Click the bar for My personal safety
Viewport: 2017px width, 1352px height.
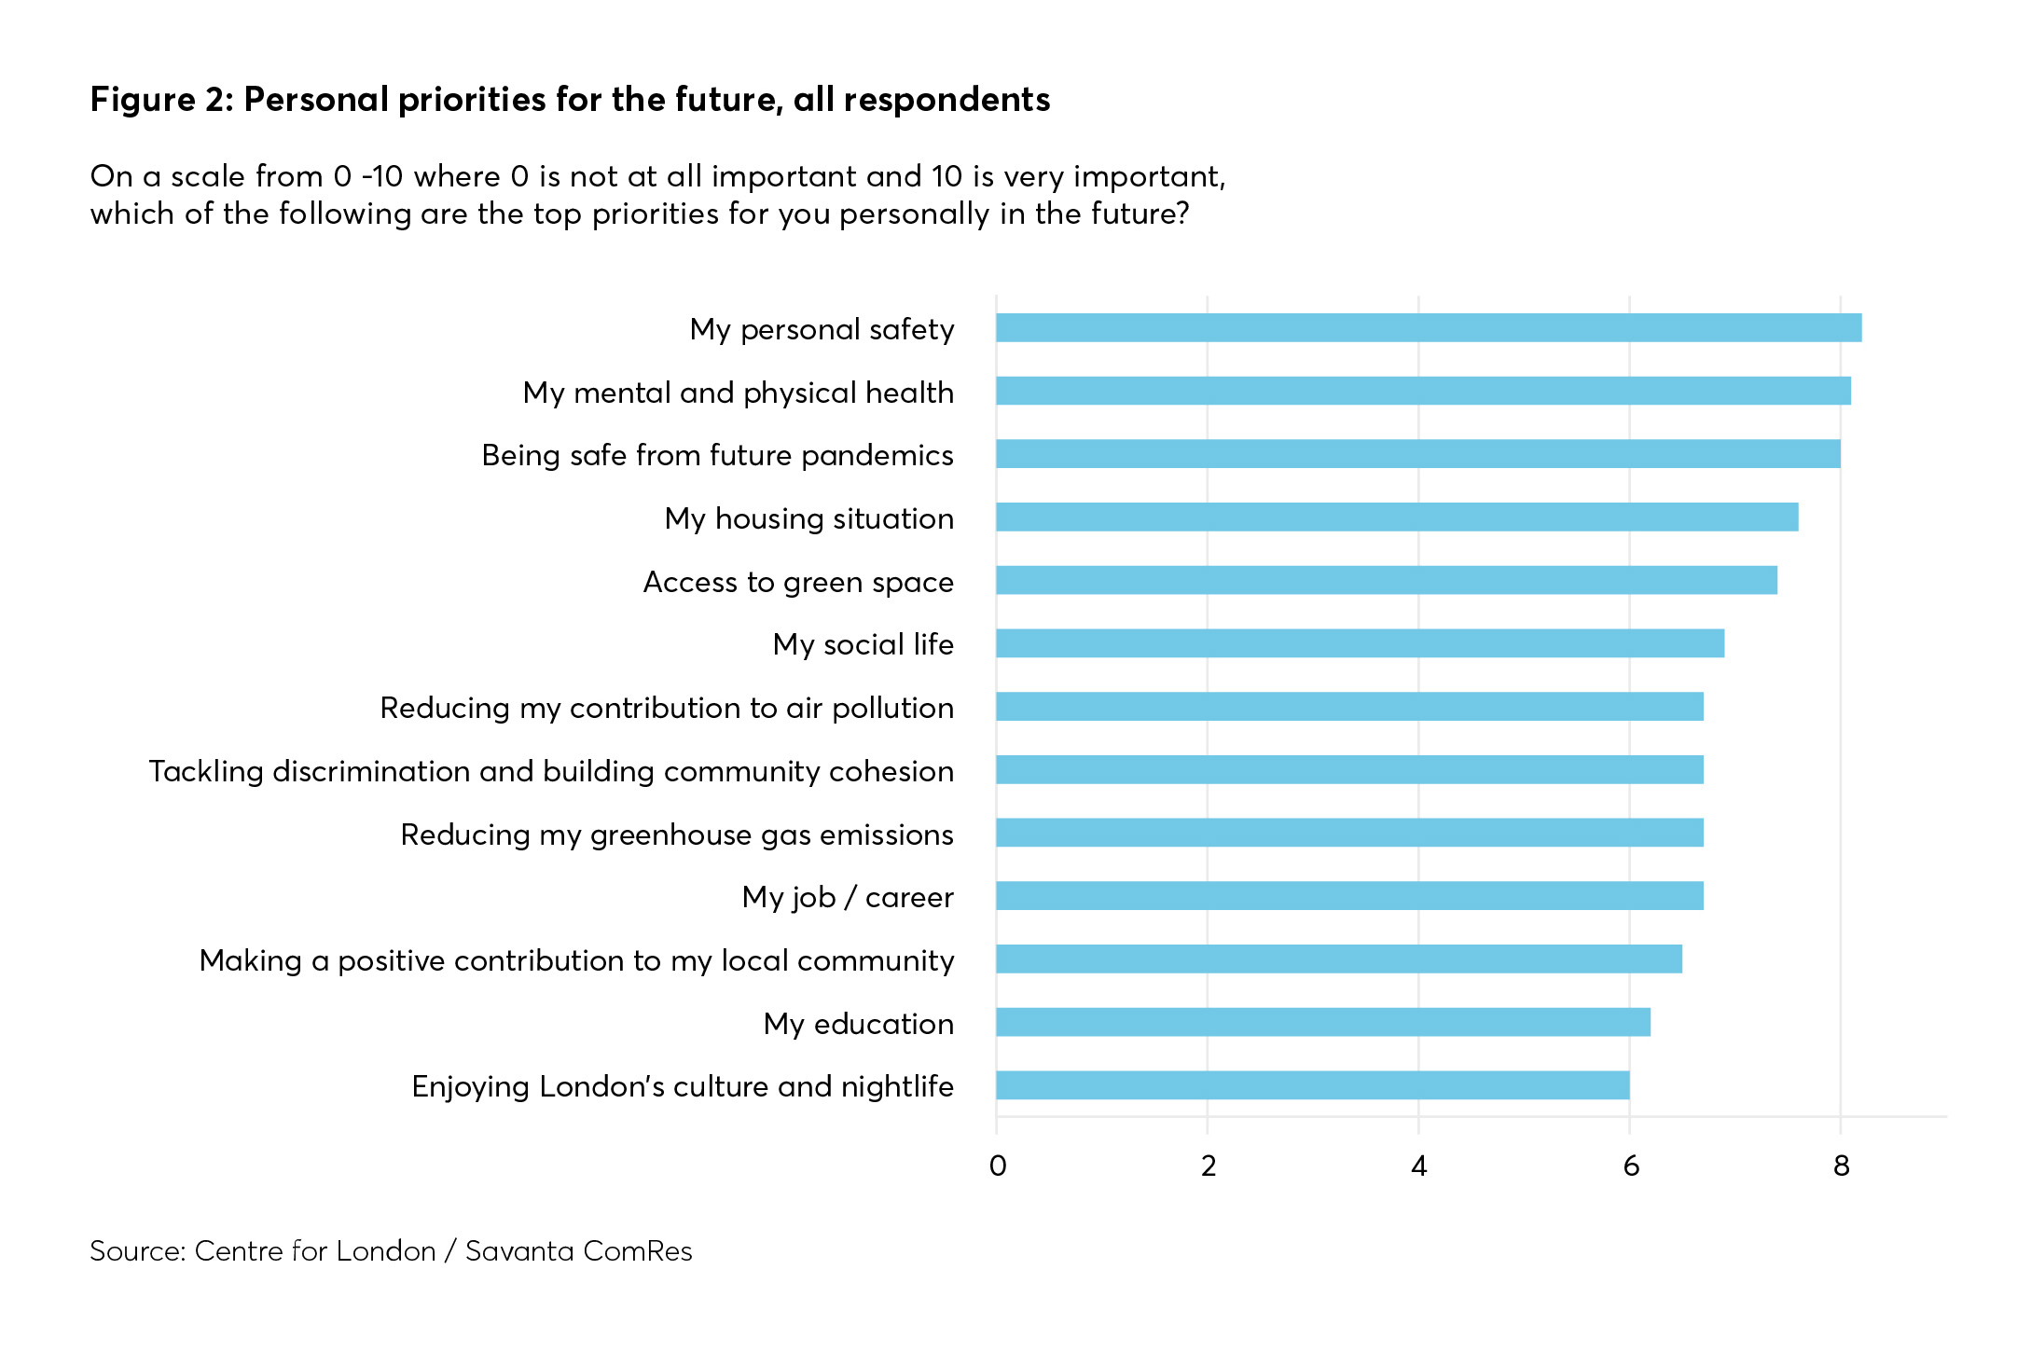[x=1428, y=328]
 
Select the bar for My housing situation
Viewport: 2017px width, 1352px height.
[x=1396, y=517]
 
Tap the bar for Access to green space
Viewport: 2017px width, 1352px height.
[x=1386, y=580]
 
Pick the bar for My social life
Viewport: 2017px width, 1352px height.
[x=1360, y=643]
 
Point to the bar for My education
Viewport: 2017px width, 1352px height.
[x=1322, y=1022]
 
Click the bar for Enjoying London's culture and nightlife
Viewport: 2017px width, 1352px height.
[x=1312, y=1085]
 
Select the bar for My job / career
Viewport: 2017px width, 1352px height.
[x=1348, y=896]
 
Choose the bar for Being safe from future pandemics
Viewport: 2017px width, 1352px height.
[x=1417, y=454]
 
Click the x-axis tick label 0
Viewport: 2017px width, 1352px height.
[x=997, y=1166]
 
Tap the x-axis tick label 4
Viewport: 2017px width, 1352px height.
[x=1418, y=1166]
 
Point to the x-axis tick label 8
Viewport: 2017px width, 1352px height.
[x=1841, y=1166]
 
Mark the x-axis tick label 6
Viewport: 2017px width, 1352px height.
[x=1630, y=1166]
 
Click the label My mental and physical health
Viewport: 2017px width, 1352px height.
[x=738, y=393]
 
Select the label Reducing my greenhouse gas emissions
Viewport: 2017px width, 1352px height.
[x=676, y=835]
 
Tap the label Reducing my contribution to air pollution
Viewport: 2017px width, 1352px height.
[x=666, y=708]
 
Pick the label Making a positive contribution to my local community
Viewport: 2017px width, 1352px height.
[x=576, y=960]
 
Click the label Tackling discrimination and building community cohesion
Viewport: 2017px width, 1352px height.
[x=551, y=771]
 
